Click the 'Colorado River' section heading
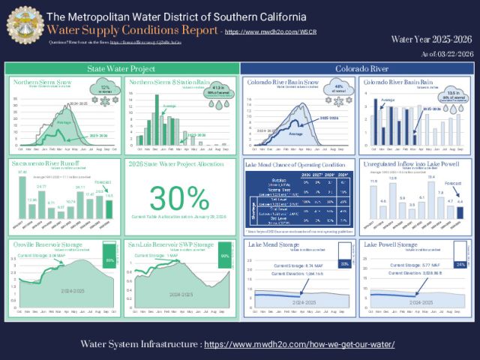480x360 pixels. (x=357, y=68)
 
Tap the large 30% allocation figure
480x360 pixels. (x=178, y=198)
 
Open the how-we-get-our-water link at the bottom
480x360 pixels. (x=300, y=344)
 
